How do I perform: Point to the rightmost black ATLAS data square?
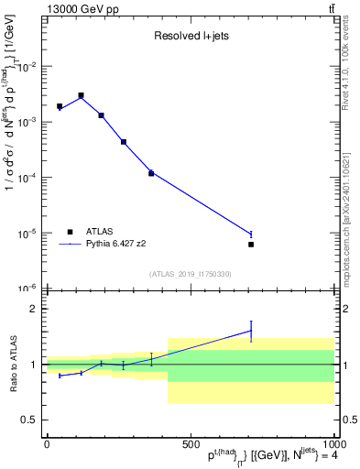[x=251, y=245]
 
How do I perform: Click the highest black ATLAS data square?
[x=81, y=95]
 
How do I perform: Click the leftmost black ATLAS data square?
[x=60, y=106]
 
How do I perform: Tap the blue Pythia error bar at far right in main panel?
[x=251, y=234]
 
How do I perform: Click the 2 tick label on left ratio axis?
[x=36, y=309]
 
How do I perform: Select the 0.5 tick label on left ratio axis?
[x=32, y=420]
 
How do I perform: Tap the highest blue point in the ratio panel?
[x=251, y=331]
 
